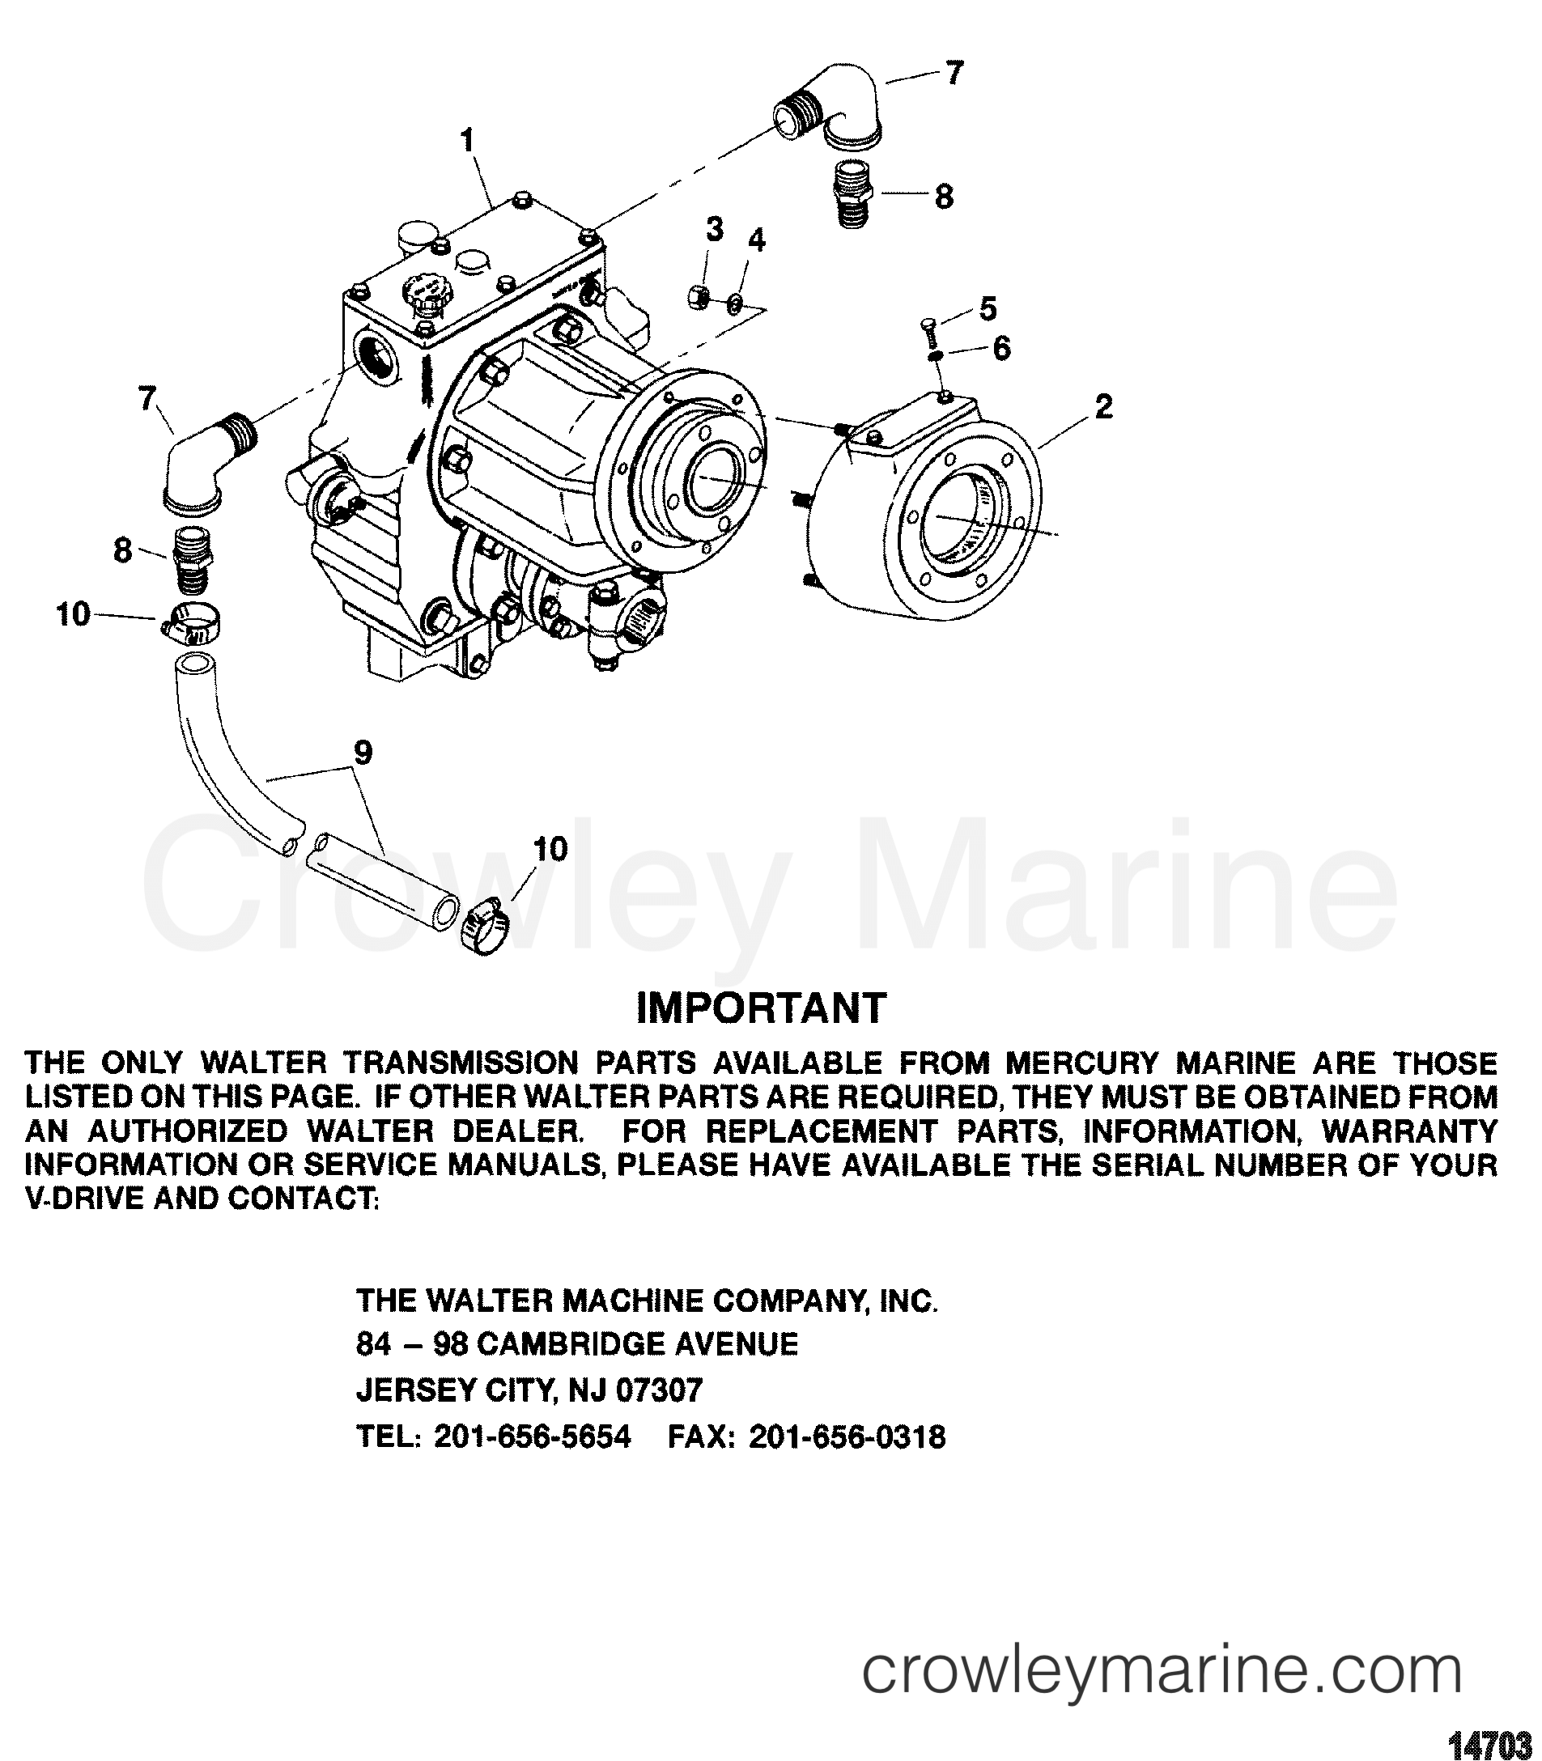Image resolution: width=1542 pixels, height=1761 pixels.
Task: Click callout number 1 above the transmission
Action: point(468,140)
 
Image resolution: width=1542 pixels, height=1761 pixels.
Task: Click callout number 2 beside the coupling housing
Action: point(1104,407)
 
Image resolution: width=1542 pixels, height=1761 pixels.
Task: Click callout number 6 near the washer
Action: point(1000,350)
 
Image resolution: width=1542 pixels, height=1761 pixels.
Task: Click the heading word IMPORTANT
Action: point(761,1008)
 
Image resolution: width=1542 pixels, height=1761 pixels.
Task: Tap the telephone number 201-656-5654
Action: point(533,1436)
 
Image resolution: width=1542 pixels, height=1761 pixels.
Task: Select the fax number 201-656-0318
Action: point(847,1436)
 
